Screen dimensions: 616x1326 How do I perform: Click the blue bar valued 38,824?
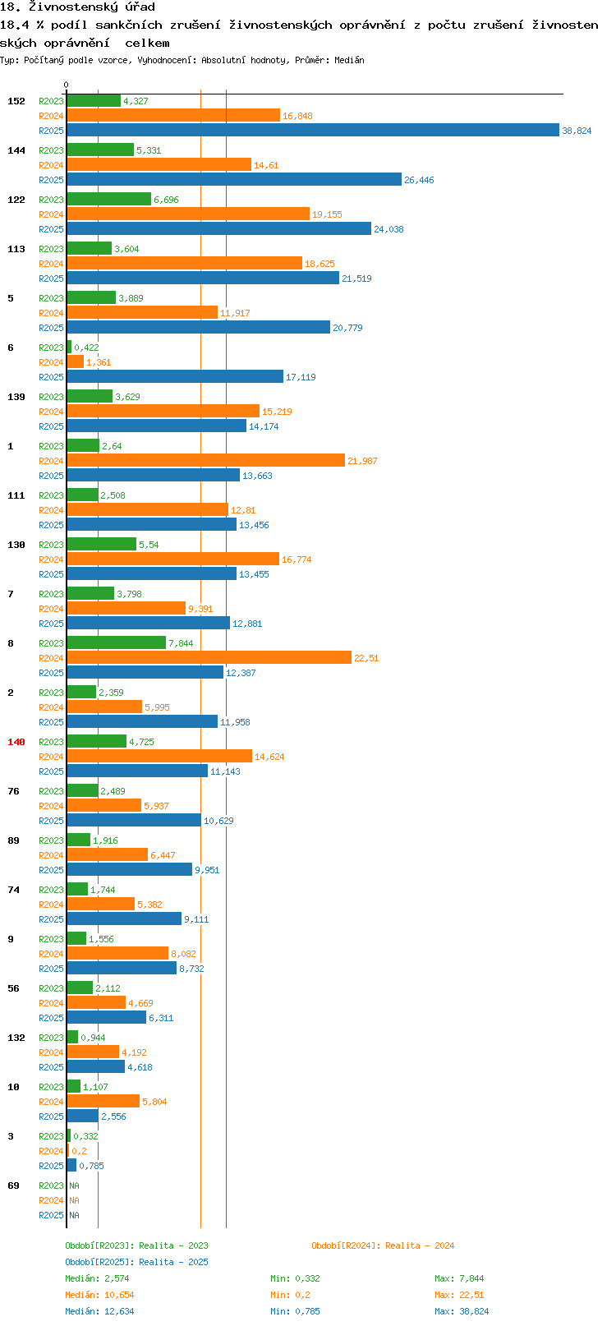pos(313,131)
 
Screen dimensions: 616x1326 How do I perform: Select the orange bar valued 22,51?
pos(209,658)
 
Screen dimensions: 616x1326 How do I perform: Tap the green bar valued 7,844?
pos(116,643)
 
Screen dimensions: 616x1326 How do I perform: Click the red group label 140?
pos(16,742)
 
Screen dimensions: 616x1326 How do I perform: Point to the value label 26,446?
pos(419,180)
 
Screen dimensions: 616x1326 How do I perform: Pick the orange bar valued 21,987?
pos(206,461)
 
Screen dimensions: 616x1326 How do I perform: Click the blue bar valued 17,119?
pos(175,376)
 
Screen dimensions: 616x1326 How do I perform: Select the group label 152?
pos(16,101)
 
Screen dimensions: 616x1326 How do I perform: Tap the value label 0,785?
pos(91,1166)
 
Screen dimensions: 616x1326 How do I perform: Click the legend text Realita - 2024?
pos(420,1245)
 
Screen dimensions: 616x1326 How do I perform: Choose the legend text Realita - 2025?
pos(173,1262)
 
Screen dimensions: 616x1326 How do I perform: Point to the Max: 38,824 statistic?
pos(462,1311)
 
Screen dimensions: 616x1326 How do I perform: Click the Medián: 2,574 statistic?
pos(97,1278)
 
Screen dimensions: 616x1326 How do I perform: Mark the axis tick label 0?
pos(66,85)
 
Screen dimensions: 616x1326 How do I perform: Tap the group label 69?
pos(13,1186)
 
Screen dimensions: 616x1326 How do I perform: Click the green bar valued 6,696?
pos(109,200)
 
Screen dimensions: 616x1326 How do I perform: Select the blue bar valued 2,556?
pos(83,1116)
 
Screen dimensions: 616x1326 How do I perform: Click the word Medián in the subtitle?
pos(349,60)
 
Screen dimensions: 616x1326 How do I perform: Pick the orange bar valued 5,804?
pos(103,1101)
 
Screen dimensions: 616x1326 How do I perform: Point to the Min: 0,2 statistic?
pos(290,1295)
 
